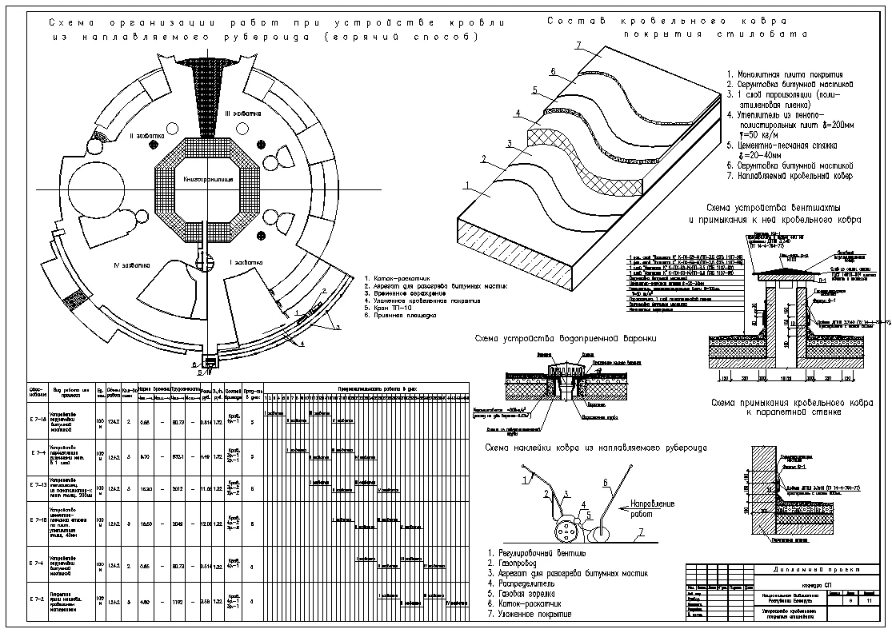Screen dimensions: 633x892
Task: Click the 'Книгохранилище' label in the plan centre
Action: [206, 180]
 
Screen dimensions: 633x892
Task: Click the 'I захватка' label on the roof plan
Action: [242, 261]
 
